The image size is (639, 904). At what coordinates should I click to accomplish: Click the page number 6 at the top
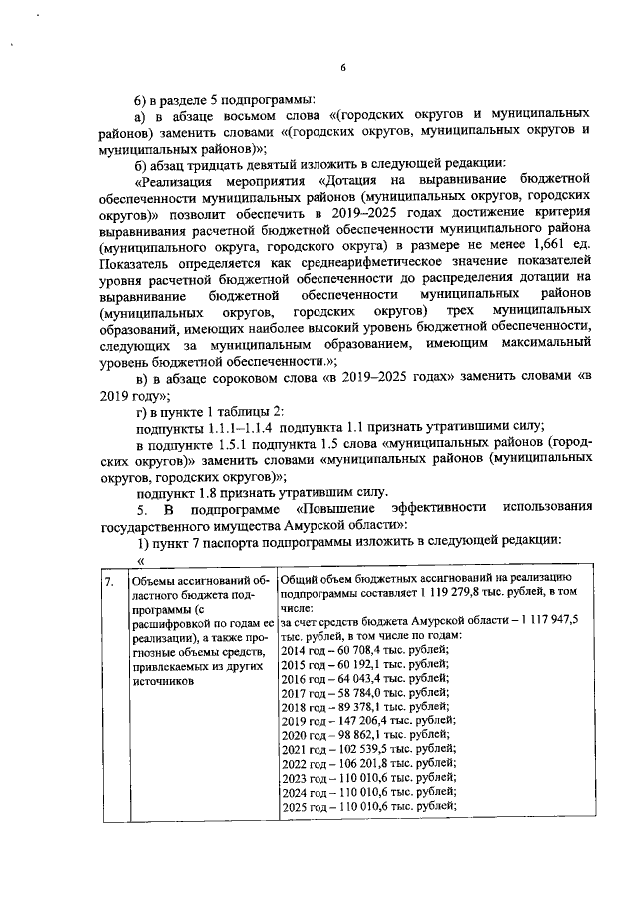click(341, 67)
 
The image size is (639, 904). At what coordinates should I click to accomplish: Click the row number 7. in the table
click(111, 581)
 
